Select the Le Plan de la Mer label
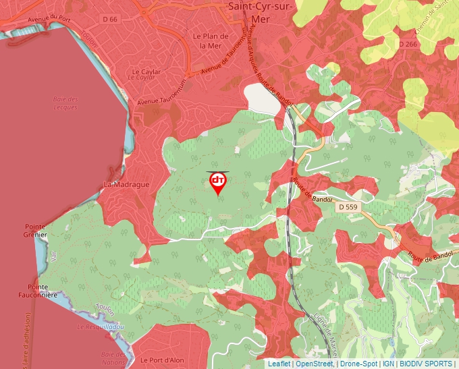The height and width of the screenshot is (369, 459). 207,40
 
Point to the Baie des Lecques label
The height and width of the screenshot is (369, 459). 65,103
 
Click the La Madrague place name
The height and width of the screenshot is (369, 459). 126,184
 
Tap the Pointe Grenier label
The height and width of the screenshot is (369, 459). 35,231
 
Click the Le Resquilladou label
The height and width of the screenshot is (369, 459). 101,327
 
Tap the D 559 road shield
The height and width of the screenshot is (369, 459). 347,207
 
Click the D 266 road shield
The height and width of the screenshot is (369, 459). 408,45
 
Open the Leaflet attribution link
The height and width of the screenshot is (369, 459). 279,364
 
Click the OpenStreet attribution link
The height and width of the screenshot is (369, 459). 314,364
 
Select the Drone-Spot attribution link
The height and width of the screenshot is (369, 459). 358,364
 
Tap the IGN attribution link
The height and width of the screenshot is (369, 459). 388,364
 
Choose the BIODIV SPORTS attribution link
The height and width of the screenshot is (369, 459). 425,364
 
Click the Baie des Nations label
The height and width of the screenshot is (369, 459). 114,357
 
